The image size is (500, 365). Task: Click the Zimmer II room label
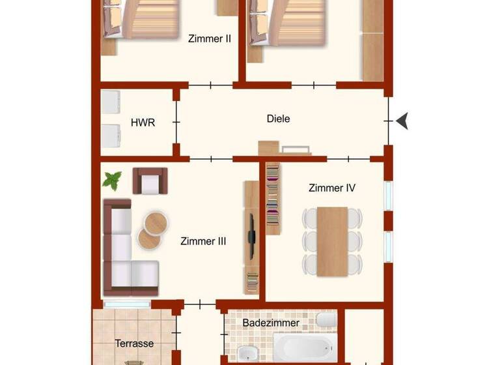pos(210,38)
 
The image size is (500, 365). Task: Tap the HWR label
pos(143,122)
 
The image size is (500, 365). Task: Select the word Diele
pos(278,119)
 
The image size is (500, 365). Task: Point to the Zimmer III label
pos(202,241)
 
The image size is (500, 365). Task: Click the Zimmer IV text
pos(331,188)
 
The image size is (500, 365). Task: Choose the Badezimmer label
pos(271,323)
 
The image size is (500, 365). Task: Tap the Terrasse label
pos(134,343)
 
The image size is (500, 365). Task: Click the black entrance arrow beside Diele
pos(402,121)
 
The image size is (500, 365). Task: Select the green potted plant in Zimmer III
pos(113,180)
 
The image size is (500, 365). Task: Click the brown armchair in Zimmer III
pos(150,181)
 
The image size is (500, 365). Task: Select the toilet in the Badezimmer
pos(326,320)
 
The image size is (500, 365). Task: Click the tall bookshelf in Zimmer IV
pos(273,199)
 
